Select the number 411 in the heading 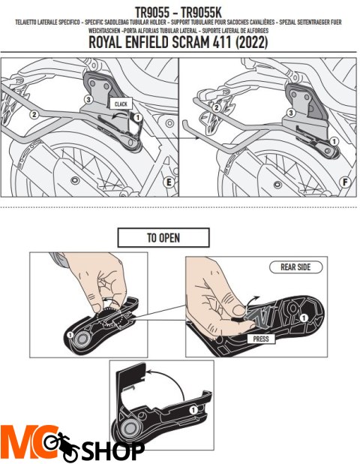pos(226,44)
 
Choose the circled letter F pos(343,181)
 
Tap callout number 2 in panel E pos(34,115)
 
